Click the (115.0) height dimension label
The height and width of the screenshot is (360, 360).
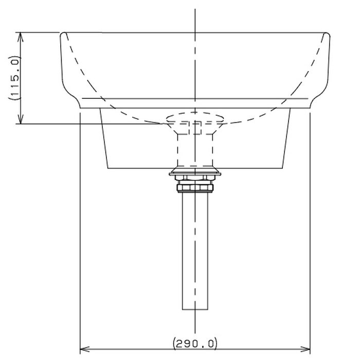(14, 78)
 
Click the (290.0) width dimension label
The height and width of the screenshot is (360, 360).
(195, 344)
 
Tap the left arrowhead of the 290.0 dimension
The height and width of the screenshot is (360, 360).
(84, 350)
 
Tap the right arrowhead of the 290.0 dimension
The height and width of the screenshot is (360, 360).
(305, 350)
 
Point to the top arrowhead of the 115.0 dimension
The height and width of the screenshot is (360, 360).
(21, 37)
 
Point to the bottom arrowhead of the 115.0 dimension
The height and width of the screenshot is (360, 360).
(21, 119)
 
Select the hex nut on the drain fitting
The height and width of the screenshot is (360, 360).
(195, 188)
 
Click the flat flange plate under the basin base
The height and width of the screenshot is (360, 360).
(195, 174)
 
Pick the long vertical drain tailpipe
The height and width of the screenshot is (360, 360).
(195, 251)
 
